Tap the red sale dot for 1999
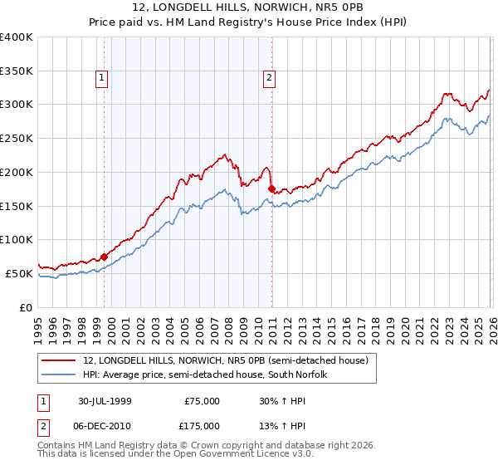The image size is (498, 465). (105, 257)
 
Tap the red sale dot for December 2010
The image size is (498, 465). (271, 188)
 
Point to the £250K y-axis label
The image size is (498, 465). (17, 138)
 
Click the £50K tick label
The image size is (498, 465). (19, 273)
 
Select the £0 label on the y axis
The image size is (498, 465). (27, 307)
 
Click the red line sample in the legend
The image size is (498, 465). (59, 360)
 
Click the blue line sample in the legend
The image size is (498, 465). (59, 374)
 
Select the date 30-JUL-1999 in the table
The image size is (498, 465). (106, 401)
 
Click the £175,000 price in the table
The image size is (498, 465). (203, 425)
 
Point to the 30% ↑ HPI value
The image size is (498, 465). (282, 401)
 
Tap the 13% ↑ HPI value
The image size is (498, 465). (282, 425)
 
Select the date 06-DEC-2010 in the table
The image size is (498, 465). (106, 425)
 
